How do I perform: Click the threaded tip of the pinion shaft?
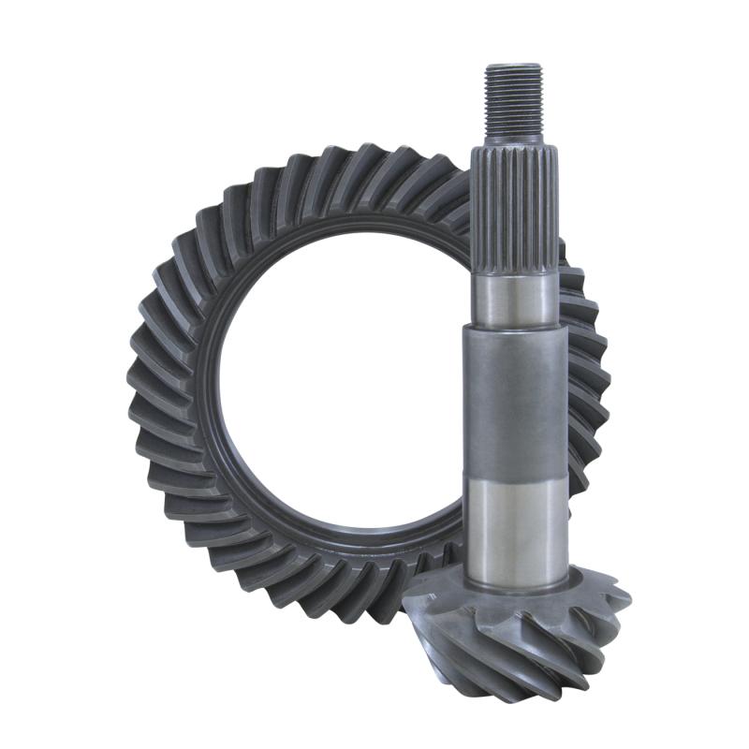pos(513,99)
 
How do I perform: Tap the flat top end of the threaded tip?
pos(513,66)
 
